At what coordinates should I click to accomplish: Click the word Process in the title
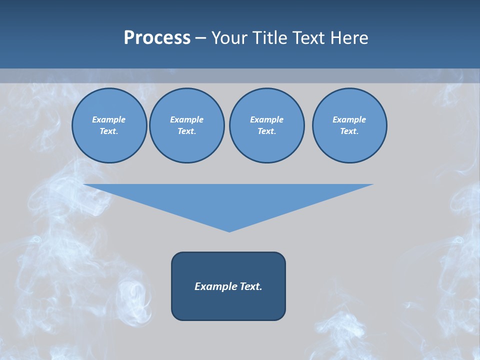pos(157,38)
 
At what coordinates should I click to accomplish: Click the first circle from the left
pos(109,125)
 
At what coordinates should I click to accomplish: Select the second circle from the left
pos(186,125)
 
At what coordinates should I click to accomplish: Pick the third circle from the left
pos(266,125)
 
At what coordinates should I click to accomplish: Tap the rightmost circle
pos(349,125)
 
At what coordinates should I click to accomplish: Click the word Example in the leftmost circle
pos(109,119)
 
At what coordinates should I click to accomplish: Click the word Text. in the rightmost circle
pos(349,131)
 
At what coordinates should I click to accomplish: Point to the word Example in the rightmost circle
pos(349,119)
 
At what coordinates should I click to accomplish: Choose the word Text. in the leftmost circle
pos(109,131)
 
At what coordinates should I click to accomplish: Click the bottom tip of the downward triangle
pos(229,231)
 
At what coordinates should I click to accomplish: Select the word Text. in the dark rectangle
pos(251,286)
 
